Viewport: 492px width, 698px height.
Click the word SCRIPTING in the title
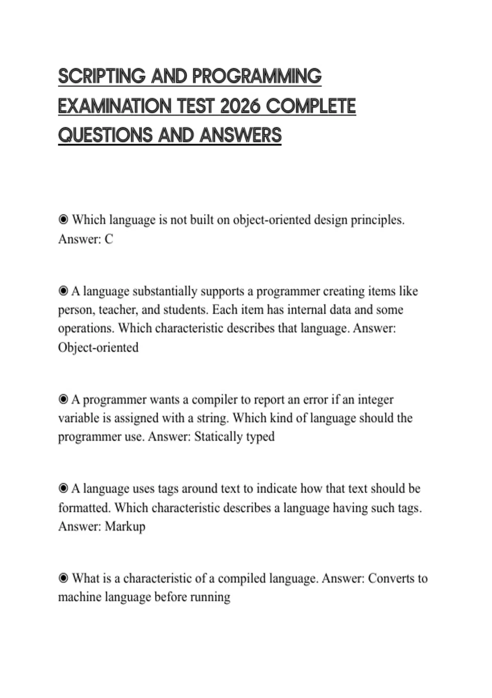point(102,76)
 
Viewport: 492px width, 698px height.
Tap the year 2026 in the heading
point(240,106)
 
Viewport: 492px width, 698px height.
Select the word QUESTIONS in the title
point(105,135)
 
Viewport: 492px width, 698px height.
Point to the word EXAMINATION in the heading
point(114,106)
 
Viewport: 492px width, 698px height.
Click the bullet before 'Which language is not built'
point(63,220)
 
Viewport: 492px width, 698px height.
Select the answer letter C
point(109,239)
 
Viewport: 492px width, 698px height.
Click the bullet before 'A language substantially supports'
point(63,291)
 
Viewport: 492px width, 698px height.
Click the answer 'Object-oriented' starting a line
point(98,347)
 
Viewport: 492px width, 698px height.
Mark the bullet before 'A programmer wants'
point(63,399)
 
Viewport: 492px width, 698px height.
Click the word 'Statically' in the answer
point(218,436)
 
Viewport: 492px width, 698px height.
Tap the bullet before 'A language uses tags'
point(63,489)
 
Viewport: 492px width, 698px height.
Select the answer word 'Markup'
point(125,526)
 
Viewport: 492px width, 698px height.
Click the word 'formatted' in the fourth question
point(84,508)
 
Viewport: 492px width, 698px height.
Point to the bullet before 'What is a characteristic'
point(63,578)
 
